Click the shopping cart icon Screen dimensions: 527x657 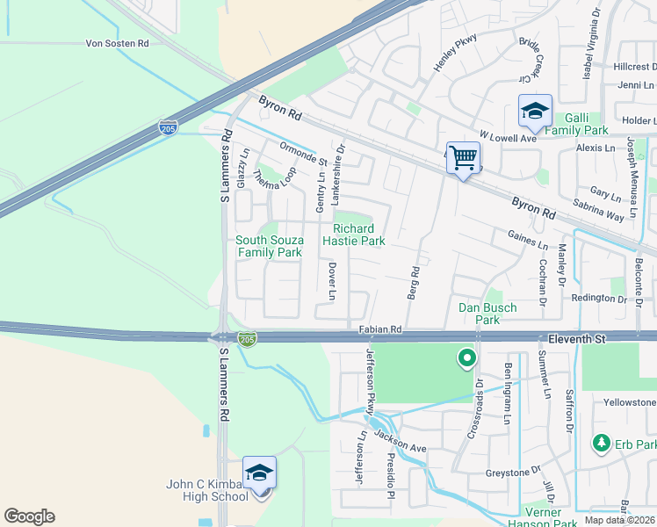(x=463, y=158)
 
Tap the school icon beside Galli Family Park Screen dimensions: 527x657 (x=535, y=112)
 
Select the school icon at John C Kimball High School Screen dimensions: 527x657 (x=260, y=473)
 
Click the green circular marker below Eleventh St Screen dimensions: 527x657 (x=466, y=358)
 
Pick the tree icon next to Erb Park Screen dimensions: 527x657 (x=602, y=443)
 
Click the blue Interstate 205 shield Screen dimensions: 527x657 (x=167, y=128)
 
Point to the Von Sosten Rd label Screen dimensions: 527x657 (x=117, y=43)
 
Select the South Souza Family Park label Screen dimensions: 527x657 (x=269, y=246)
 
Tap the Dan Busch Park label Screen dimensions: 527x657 (x=487, y=314)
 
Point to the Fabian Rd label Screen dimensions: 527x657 (x=380, y=329)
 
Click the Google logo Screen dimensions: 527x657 (x=29, y=516)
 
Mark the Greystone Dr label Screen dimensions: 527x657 (x=513, y=473)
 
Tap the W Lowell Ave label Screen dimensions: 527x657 (x=507, y=138)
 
